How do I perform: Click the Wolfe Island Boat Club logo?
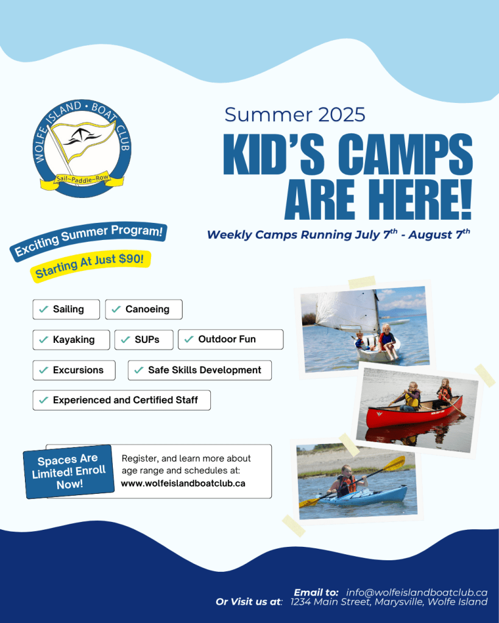pyautogui.click(x=82, y=148)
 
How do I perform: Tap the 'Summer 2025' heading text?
pyautogui.click(x=295, y=114)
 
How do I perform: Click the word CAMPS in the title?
pyautogui.click(x=405, y=154)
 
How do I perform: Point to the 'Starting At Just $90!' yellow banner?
pyautogui.click(x=90, y=266)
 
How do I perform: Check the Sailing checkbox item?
pyautogui.click(x=66, y=309)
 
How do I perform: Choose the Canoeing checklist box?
pyautogui.click(x=144, y=309)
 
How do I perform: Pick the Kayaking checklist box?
pyautogui.click(x=71, y=340)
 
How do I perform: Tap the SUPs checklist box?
pyautogui.click(x=144, y=340)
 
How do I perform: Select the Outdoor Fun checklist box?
pyautogui.click(x=231, y=339)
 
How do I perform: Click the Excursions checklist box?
pyautogui.click(x=74, y=370)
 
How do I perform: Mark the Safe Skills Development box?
pyautogui.click(x=200, y=370)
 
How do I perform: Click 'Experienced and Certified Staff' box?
pyautogui.click(x=122, y=400)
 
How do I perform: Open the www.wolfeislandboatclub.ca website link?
pyautogui.click(x=183, y=484)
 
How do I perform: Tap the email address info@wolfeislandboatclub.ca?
pyautogui.click(x=417, y=592)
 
